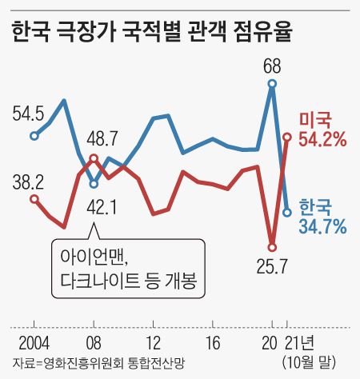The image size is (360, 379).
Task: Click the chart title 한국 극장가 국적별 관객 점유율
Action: click(x=152, y=33)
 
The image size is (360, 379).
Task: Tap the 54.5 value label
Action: click(x=28, y=113)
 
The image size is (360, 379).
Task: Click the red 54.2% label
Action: click(x=322, y=139)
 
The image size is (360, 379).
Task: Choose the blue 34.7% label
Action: click(x=322, y=226)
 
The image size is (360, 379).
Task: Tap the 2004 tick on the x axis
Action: click(x=34, y=343)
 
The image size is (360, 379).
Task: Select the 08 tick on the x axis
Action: click(x=94, y=343)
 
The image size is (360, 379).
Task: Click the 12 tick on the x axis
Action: click(x=154, y=343)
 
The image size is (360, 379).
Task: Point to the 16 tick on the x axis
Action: click(x=213, y=343)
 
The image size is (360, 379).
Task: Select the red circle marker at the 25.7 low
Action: click(x=273, y=246)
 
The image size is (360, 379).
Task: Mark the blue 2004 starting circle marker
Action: click(x=34, y=135)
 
